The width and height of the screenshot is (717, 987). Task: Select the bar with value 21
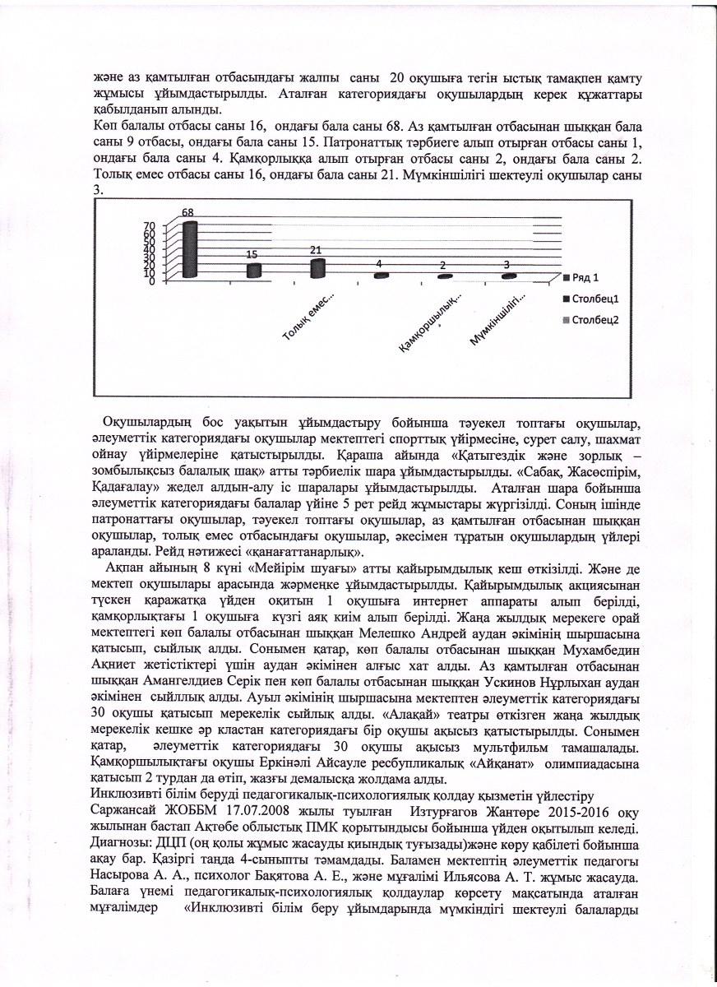[x=317, y=267]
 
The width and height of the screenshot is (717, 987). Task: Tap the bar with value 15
[x=254, y=270]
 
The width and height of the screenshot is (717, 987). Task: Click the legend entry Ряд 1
[x=585, y=277]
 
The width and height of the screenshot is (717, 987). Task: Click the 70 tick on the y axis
[x=149, y=225]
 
